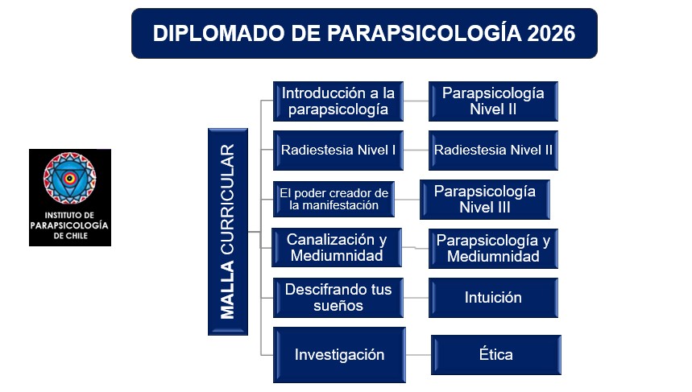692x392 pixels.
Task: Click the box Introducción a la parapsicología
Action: tap(338, 101)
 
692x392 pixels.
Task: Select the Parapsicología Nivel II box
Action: tap(493, 101)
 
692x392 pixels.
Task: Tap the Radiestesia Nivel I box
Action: tap(338, 151)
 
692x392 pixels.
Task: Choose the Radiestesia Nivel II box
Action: tap(493, 151)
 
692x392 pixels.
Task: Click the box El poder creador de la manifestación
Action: tap(334, 200)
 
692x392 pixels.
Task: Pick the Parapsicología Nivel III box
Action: tap(485, 200)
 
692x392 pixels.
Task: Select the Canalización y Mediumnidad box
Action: tap(336, 247)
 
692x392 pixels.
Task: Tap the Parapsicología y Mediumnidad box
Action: tap(493, 249)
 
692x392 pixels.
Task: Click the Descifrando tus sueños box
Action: tap(338, 298)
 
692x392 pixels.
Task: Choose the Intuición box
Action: tap(493, 298)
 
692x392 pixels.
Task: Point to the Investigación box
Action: tap(339, 355)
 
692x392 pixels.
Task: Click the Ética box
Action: tap(496, 355)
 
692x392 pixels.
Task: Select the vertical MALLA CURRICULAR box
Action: tap(228, 232)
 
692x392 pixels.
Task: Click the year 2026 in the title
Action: tap(551, 34)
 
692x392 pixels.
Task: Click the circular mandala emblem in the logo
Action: tap(70, 178)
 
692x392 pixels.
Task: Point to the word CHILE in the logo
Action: tap(77, 236)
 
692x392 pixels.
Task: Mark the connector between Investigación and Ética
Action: tap(418, 355)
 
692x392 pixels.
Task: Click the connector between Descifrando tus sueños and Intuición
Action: tap(416, 298)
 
